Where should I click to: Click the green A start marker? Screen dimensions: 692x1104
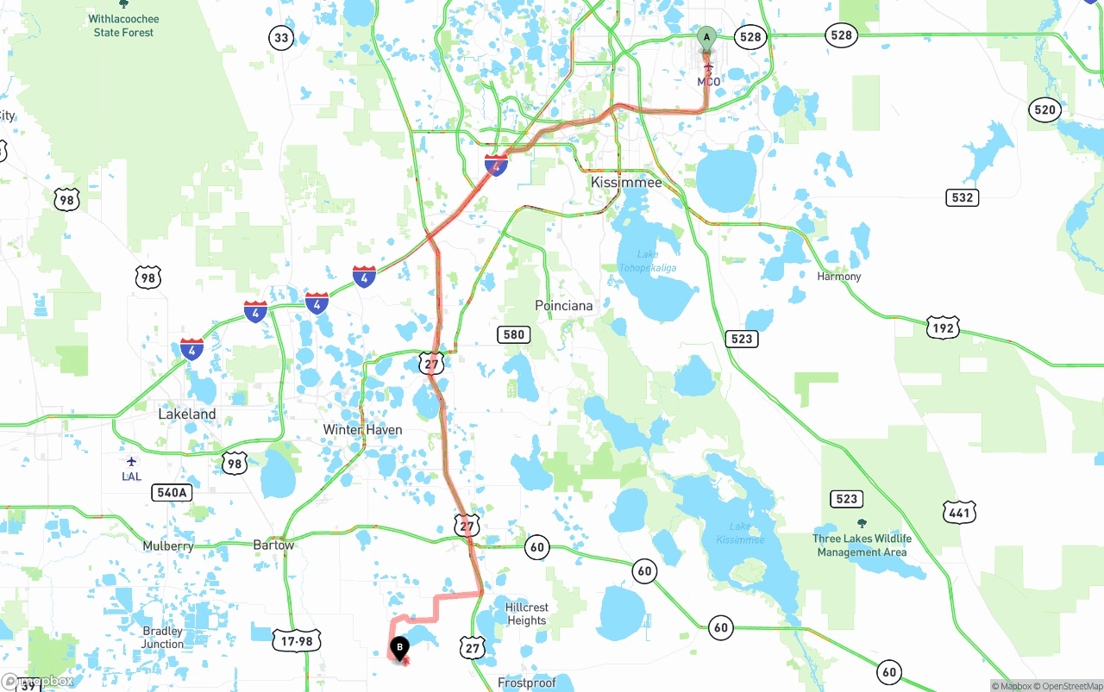pos(706,38)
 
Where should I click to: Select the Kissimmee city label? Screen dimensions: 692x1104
pos(626,183)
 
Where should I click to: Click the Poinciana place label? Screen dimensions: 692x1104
pos(564,306)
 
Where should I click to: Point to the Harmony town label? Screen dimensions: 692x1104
pos(839,277)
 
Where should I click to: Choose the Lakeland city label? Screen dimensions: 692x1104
pos(187,415)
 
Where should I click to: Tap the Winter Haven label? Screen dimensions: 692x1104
pos(362,430)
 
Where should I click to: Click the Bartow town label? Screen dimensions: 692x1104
pos(273,545)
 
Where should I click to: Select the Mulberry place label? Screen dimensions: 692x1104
pos(168,546)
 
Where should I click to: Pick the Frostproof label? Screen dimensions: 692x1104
pos(527,683)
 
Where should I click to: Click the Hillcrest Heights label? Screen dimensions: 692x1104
pos(527,614)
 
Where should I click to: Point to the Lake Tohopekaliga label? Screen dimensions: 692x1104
pos(648,261)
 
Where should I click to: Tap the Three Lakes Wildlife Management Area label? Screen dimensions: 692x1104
pos(862,545)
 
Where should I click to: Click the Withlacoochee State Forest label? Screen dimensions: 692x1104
pos(123,26)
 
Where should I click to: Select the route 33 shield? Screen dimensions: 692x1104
pos(281,37)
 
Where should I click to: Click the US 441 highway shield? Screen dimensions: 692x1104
pos(959,513)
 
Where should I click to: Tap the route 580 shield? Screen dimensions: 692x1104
pos(513,334)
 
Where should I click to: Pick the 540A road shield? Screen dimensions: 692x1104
pos(171,493)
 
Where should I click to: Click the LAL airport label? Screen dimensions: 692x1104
pos(131,477)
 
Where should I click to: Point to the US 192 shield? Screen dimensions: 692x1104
pos(944,328)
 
